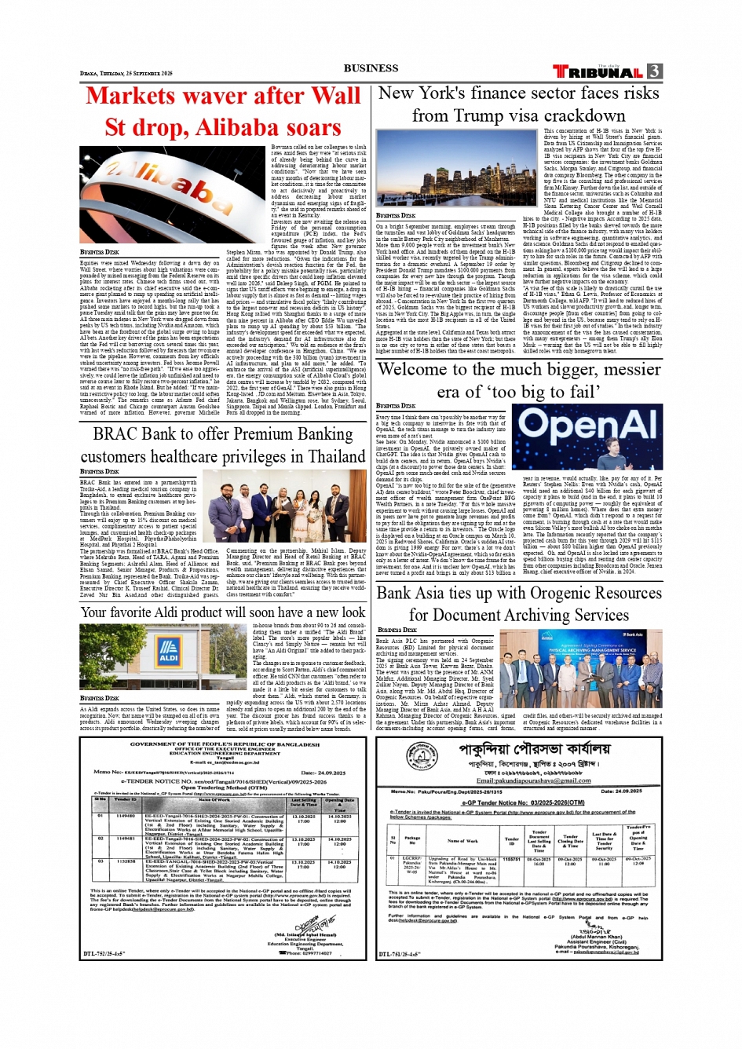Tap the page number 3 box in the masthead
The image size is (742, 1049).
click(x=654, y=71)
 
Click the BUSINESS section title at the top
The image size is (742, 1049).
click(x=371, y=68)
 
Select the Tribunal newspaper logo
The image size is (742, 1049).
click(x=598, y=72)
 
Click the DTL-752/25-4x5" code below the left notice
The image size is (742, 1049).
click(x=104, y=954)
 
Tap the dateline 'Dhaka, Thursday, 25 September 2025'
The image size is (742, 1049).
click(x=126, y=73)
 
